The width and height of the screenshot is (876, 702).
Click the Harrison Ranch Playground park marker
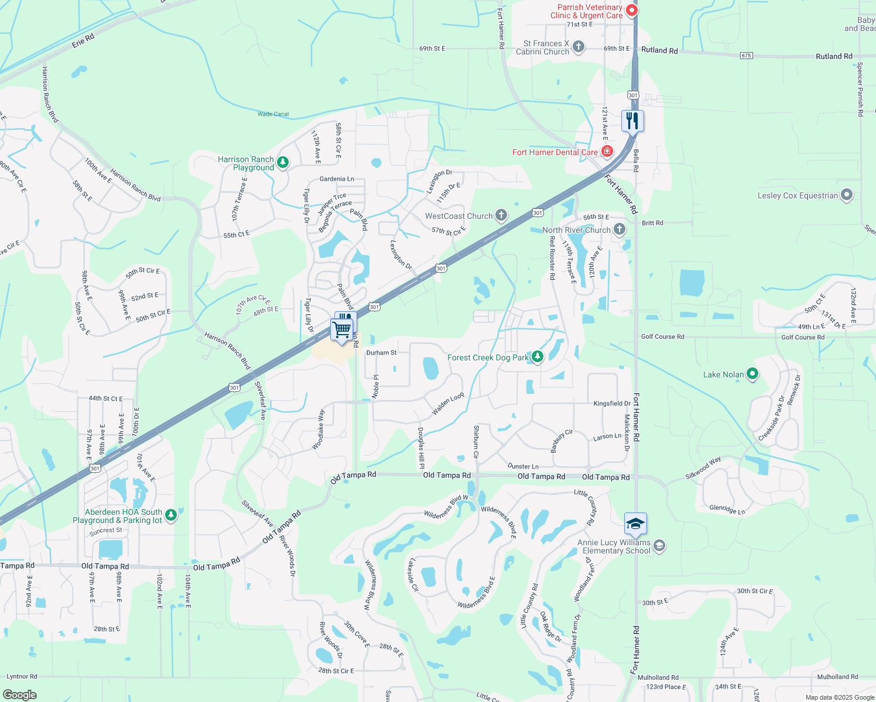283,162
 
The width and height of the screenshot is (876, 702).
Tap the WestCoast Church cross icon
501,216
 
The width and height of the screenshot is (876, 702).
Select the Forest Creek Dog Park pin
537,357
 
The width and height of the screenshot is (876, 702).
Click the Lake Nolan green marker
753,374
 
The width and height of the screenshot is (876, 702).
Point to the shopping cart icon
341,329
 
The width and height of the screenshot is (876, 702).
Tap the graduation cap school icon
635,524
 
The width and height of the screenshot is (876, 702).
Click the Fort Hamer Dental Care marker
607,152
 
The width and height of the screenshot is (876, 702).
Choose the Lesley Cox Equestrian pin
847,195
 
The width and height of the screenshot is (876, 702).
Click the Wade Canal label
273,114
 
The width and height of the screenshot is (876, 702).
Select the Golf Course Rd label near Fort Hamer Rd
662,336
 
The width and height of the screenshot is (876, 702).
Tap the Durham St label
381,353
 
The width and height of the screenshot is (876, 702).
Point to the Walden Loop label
448,404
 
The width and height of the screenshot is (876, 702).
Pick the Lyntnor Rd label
22,676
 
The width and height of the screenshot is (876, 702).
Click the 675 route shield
746,56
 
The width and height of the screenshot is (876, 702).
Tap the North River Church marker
620,229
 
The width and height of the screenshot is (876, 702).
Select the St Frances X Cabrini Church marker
579,47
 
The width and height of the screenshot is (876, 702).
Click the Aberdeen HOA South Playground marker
171,515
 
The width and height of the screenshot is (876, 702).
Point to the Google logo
20,695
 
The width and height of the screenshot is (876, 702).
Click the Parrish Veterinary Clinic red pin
631,10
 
